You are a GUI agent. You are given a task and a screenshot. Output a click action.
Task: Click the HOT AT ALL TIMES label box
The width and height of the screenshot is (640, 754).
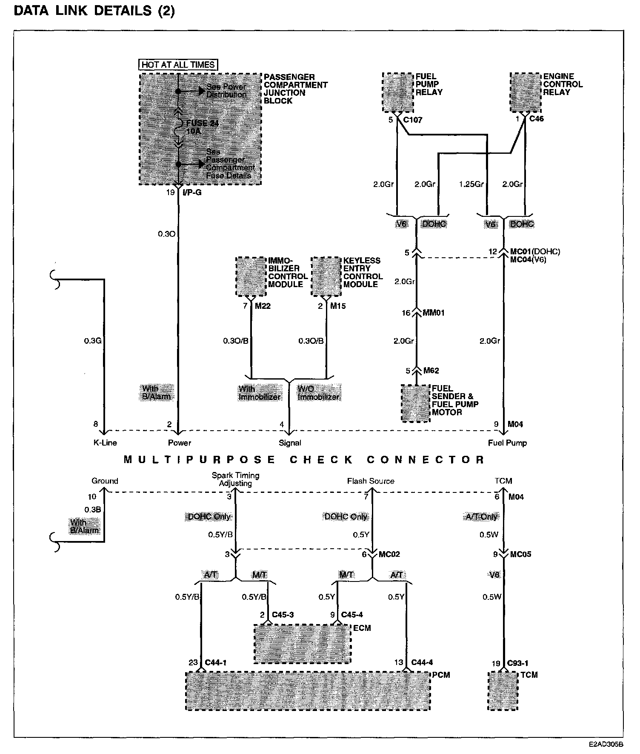click(178, 65)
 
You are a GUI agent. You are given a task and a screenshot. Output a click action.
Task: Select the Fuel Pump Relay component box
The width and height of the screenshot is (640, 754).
click(398, 92)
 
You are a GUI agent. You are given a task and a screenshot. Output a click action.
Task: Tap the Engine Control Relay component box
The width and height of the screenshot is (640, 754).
click(526, 92)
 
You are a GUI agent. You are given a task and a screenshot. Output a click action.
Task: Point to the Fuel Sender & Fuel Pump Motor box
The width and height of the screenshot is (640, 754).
click(416, 403)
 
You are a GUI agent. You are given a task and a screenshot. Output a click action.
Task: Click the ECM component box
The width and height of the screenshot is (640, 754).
click(302, 644)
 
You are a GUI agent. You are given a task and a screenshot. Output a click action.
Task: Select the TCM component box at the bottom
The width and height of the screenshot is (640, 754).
click(503, 691)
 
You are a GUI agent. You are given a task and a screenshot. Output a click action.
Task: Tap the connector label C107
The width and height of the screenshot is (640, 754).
click(413, 120)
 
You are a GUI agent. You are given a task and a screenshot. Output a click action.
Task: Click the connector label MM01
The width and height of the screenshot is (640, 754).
click(434, 313)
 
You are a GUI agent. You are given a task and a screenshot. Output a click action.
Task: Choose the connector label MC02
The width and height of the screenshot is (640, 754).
click(389, 555)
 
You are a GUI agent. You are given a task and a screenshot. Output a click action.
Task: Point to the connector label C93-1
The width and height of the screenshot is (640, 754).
click(517, 663)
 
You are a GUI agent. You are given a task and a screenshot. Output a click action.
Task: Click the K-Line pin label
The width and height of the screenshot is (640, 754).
click(105, 443)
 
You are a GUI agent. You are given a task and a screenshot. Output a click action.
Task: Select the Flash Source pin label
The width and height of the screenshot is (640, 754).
click(371, 481)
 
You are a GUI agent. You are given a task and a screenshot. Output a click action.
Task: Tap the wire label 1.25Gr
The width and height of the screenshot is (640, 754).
click(471, 184)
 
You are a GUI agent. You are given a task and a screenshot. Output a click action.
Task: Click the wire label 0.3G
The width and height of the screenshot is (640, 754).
click(92, 341)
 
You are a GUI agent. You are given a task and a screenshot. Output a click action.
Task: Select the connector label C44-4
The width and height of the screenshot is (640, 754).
click(422, 662)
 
